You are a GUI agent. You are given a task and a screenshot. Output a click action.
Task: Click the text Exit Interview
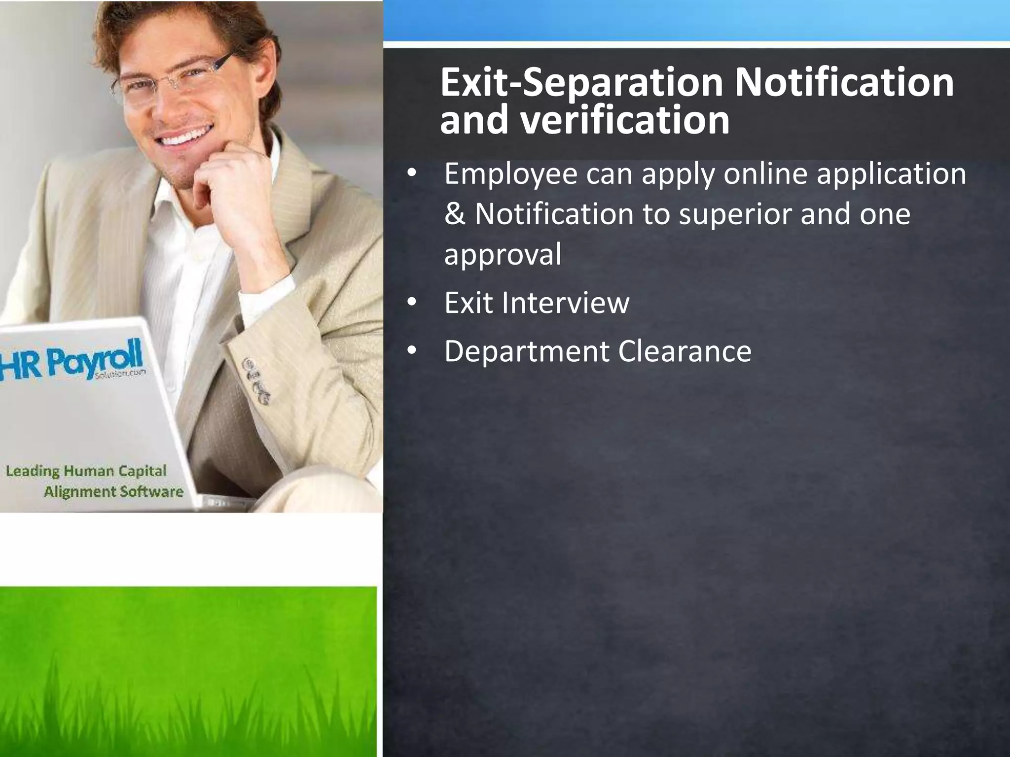point(537,303)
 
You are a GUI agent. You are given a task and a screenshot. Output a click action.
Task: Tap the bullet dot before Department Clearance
point(412,351)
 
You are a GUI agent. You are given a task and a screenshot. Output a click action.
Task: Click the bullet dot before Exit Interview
point(412,303)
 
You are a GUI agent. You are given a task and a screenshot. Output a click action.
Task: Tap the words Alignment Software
point(113,491)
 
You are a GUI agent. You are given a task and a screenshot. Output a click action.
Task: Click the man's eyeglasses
point(173,79)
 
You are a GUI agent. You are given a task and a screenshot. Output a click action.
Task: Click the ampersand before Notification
point(454,215)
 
